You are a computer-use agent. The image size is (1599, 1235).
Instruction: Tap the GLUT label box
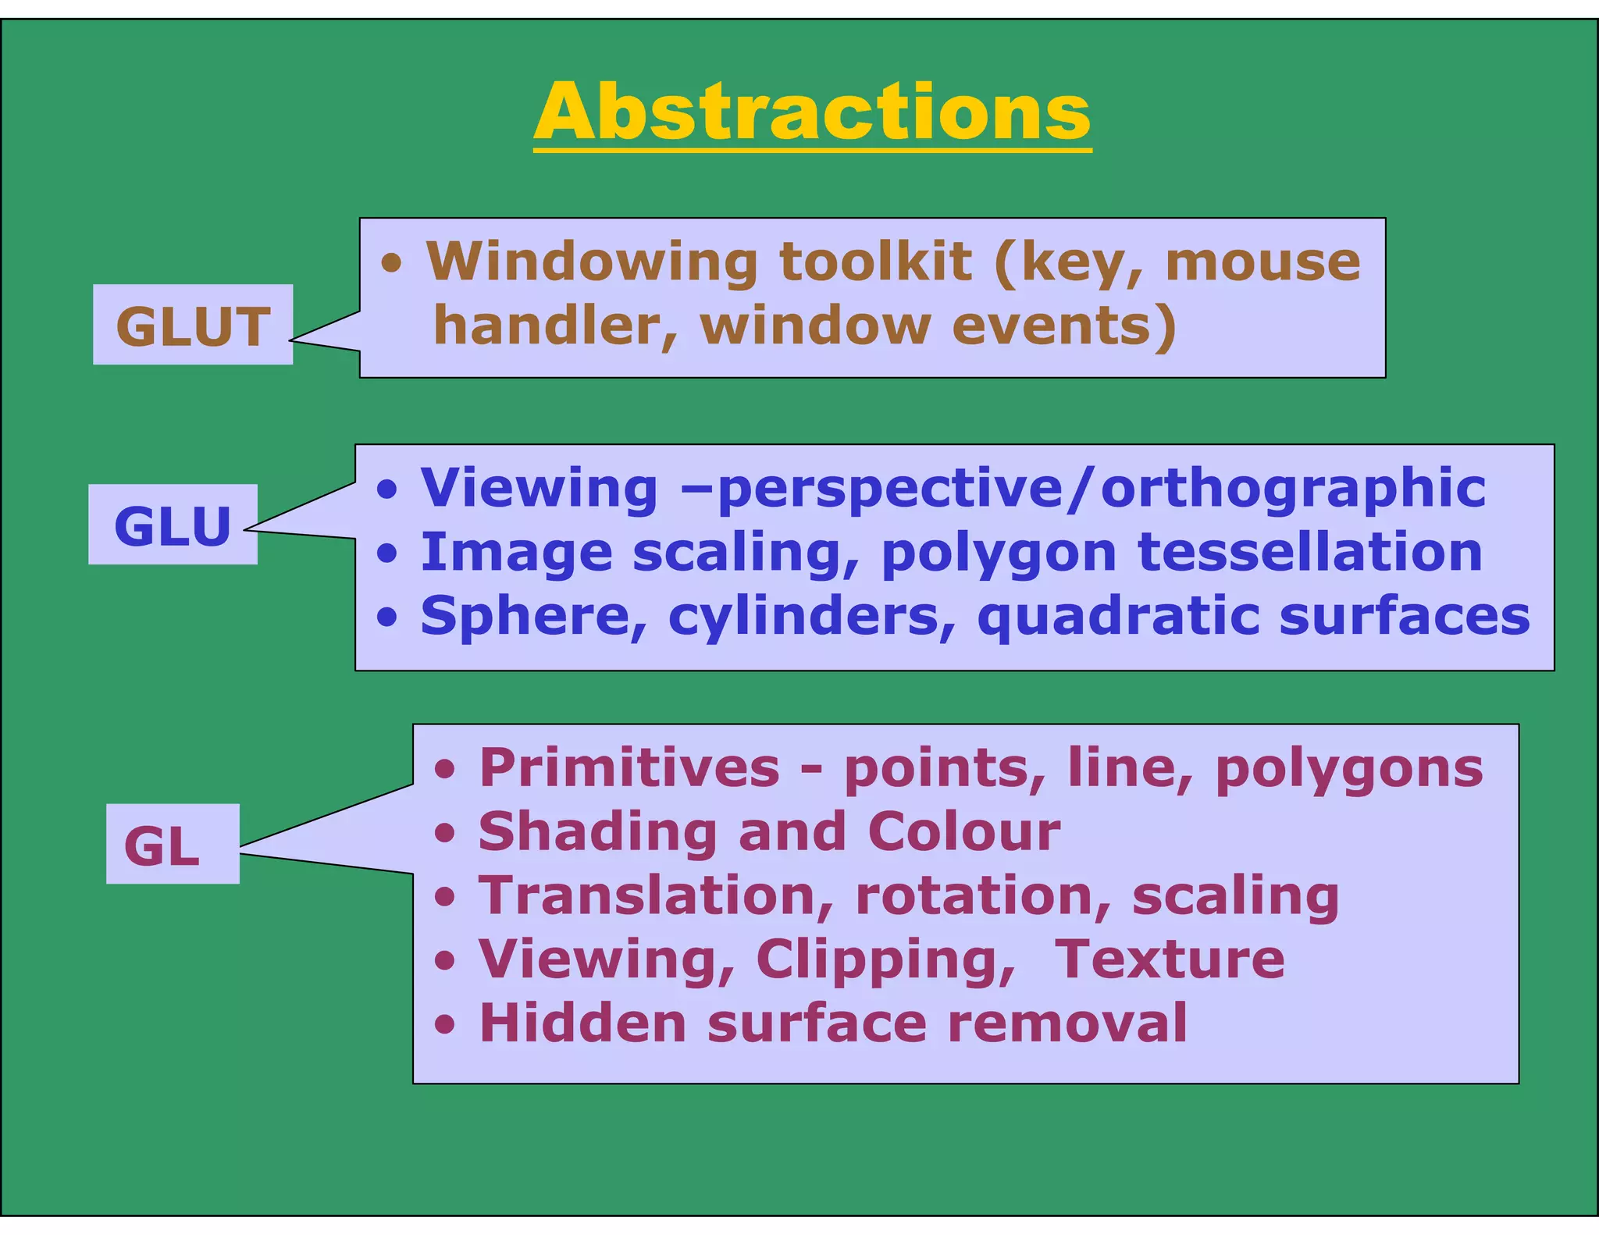[x=193, y=325]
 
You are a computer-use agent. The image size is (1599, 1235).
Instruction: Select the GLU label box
[x=173, y=525]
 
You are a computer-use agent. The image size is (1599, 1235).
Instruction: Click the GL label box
[x=173, y=844]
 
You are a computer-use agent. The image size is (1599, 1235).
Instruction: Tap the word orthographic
[x=1292, y=489]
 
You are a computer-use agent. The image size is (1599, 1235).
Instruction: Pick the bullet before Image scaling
[x=387, y=553]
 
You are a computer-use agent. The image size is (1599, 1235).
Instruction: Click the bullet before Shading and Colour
[x=445, y=833]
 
